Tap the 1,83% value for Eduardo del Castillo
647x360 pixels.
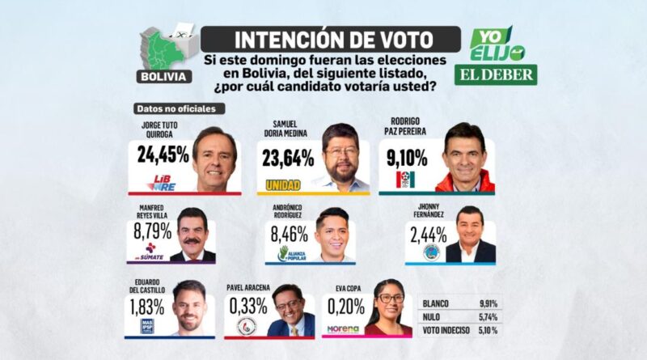[147, 307]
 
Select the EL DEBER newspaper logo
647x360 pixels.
[495, 74]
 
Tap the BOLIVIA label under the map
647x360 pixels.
[165, 77]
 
